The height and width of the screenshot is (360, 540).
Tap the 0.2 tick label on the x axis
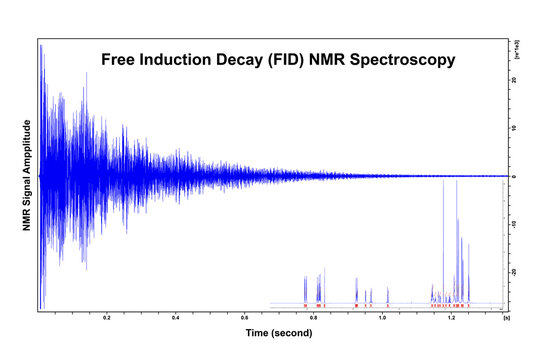click(x=106, y=317)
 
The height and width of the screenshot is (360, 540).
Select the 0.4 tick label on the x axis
click(x=175, y=317)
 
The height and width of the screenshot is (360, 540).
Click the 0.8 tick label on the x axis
click(x=314, y=317)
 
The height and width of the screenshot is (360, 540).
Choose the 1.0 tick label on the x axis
click(x=383, y=317)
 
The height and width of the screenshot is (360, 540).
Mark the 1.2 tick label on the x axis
click(x=452, y=317)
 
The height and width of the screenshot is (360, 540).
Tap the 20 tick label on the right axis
click(x=513, y=81)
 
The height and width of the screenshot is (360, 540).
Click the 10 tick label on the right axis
click(x=513, y=128)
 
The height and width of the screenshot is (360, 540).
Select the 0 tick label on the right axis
click(x=513, y=176)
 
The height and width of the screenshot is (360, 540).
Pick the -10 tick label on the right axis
click(x=514, y=224)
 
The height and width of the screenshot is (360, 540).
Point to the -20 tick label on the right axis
click(x=514, y=271)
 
